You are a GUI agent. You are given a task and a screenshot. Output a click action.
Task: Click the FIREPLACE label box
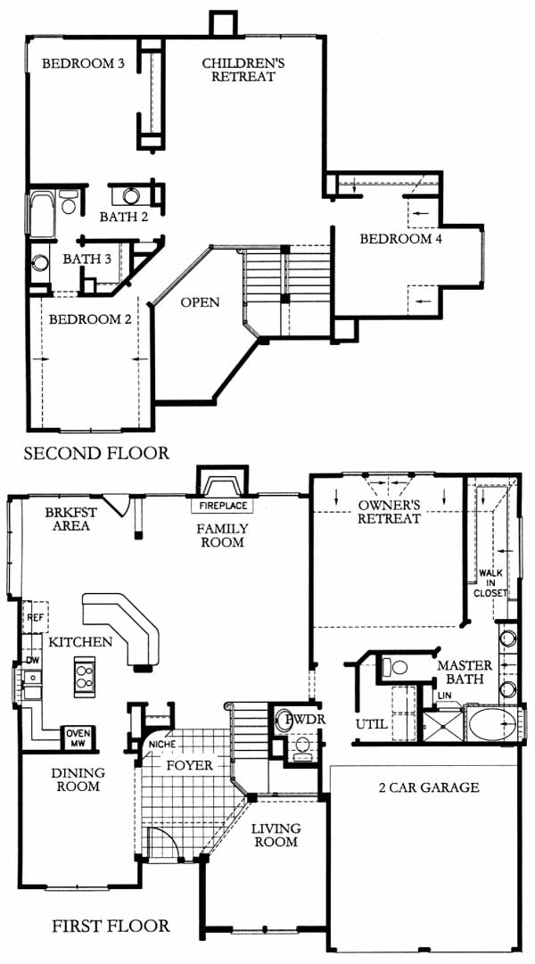tap(222, 506)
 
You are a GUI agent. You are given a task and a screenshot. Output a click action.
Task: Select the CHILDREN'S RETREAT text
tap(239, 70)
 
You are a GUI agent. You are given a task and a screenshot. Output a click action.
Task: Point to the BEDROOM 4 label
tap(401, 239)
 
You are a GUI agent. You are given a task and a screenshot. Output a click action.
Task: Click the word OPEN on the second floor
tap(200, 302)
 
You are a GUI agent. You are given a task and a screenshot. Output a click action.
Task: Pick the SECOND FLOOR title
tap(96, 454)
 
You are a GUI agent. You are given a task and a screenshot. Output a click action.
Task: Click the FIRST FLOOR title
tap(110, 926)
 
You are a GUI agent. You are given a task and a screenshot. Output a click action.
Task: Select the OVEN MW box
tap(78, 736)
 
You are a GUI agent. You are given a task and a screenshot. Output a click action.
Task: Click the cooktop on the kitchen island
tap(84, 676)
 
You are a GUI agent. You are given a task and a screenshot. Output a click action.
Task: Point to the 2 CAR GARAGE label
tap(429, 787)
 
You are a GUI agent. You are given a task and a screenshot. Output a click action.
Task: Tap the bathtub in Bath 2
tap(42, 213)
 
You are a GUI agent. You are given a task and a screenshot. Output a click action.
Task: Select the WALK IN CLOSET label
tap(490, 583)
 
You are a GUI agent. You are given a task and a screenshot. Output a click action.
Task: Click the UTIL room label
tap(372, 724)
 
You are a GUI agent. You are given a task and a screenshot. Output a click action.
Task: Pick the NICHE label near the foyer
tap(161, 744)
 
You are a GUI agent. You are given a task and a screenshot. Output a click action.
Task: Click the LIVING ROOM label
tap(275, 835)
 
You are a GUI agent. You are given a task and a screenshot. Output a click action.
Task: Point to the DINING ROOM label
tap(78, 779)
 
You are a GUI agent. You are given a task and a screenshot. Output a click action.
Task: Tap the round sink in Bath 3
tap(40, 262)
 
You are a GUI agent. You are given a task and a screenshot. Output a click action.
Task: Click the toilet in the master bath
tap(395, 666)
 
